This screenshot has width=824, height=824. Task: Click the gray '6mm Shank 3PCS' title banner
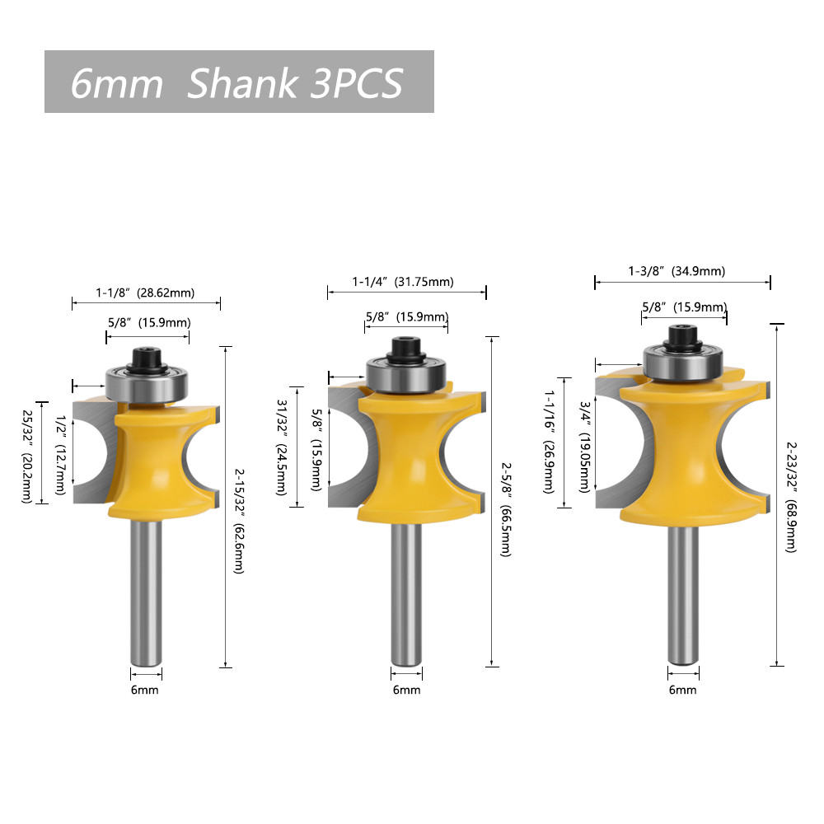pos(239,82)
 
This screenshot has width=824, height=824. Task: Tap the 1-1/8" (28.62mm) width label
pos(145,293)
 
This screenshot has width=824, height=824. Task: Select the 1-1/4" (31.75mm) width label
pos(403,282)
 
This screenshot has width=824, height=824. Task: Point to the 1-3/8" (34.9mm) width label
pos(677,271)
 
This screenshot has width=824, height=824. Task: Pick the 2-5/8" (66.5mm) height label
pos(506,510)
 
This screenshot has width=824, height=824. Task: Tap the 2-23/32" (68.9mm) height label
pos(791,497)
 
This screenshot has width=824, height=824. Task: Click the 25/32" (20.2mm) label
pos(27,456)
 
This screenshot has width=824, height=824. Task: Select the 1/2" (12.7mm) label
pos(61,455)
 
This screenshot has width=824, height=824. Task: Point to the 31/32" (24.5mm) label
pos(282,447)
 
